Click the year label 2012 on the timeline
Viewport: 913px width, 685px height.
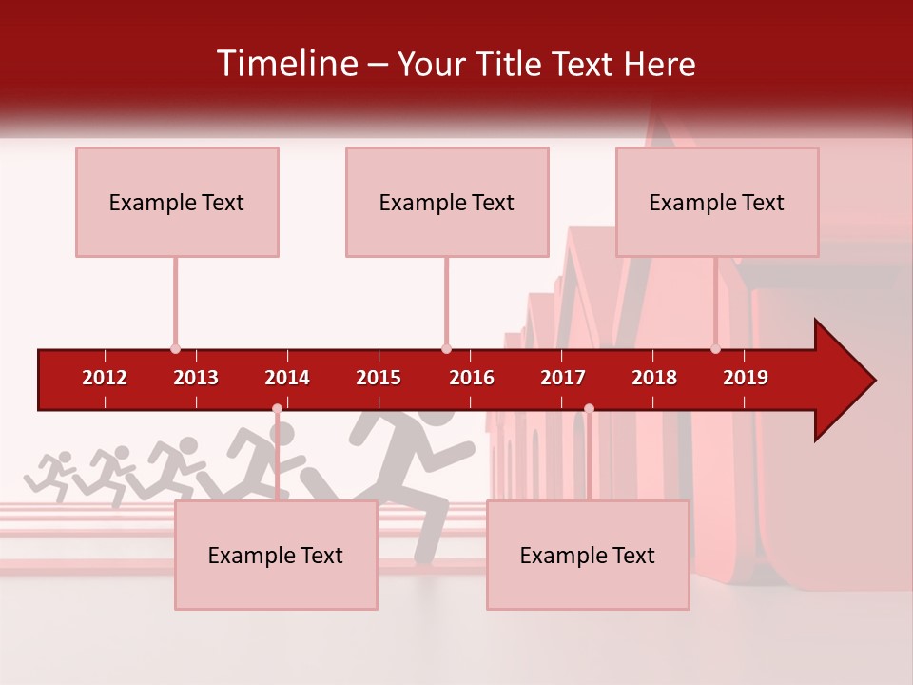tap(105, 378)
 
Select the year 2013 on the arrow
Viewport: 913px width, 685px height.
tap(196, 378)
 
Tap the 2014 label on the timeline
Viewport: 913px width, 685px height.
tap(287, 378)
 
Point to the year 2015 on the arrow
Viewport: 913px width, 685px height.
tap(379, 378)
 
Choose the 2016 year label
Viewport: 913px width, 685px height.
tap(472, 378)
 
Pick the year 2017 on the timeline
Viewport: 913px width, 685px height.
tap(563, 378)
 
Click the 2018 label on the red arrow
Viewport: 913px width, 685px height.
tap(654, 378)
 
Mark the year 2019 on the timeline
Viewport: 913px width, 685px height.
tap(746, 378)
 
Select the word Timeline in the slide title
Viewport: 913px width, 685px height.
tap(286, 64)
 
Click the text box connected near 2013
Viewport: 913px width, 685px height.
tap(177, 202)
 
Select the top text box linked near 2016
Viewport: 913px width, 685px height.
tap(447, 202)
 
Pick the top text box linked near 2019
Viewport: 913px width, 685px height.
tap(717, 202)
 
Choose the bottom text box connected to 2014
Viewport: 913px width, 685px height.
tap(276, 555)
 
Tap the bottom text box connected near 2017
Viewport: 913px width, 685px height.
tap(588, 555)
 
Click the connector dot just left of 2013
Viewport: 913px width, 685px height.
tap(175, 348)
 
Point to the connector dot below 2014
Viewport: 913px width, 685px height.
tap(277, 409)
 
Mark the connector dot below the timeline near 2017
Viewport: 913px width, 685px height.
tap(589, 409)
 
